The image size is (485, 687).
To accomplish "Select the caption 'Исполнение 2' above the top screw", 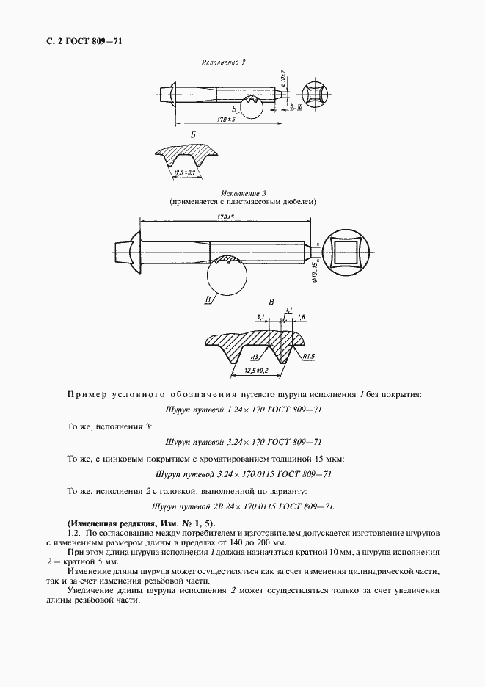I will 223,63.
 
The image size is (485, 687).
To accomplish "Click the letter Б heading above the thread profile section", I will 192,136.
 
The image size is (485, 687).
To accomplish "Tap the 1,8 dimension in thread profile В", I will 302,316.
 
